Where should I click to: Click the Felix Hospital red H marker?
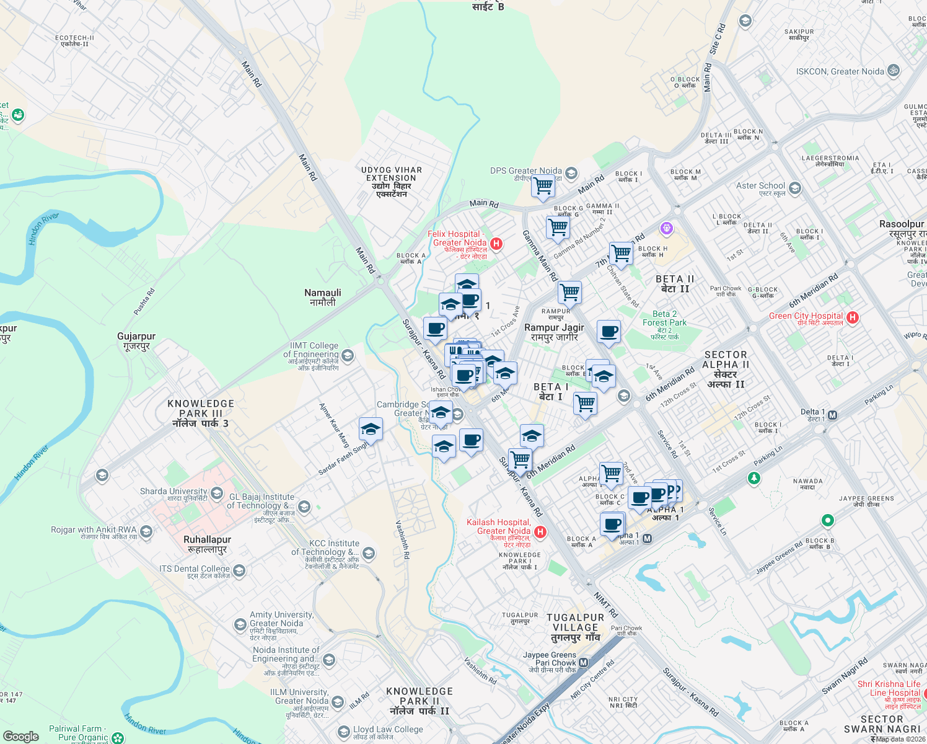[x=496, y=244]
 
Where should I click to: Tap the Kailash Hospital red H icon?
[x=540, y=532]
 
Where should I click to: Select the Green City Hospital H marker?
[x=853, y=317]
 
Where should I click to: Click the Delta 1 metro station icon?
[x=833, y=415]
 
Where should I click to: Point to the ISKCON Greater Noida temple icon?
[x=894, y=71]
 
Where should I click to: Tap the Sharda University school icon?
[x=217, y=493]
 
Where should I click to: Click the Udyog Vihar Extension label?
[x=392, y=182]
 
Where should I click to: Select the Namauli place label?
[x=323, y=297]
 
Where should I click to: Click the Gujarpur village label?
[x=136, y=341]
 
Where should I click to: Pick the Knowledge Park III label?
[x=201, y=413]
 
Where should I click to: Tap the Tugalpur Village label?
[x=576, y=627]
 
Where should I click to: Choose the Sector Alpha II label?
[x=726, y=370]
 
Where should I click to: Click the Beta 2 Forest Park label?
[x=664, y=322]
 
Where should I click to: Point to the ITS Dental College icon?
[x=239, y=570]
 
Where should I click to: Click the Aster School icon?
[x=795, y=188]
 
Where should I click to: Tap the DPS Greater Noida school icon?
[x=571, y=173]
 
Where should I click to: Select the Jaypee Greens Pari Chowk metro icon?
[x=583, y=663]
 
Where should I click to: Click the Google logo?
[x=21, y=737]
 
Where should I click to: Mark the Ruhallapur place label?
[x=208, y=544]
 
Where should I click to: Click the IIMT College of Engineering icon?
[x=348, y=355]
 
